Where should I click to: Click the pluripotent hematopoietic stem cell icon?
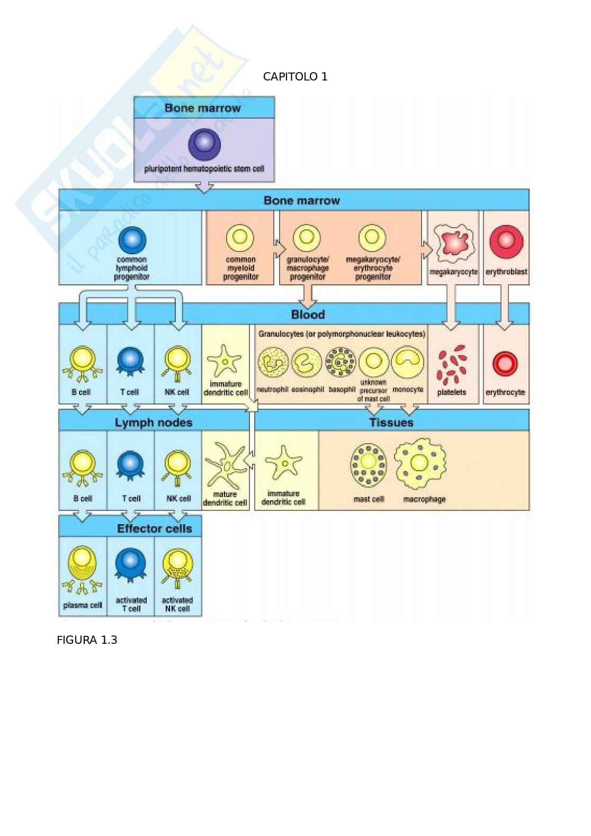pyautogui.click(x=204, y=144)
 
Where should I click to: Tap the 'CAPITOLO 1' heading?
pyautogui.click(x=295, y=77)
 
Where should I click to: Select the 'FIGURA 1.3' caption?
pyautogui.click(x=87, y=640)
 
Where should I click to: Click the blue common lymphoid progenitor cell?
pyautogui.click(x=132, y=240)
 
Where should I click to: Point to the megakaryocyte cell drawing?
pyautogui.click(x=453, y=241)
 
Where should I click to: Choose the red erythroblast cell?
pyautogui.click(x=506, y=241)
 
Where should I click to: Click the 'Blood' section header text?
pyautogui.click(x=308, y=314)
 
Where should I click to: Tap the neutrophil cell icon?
pyautogui.click(x=273, y=363)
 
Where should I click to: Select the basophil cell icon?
pyautogui.click(x=341, y=363)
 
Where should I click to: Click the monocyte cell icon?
pyautogui.click(x=407, y=362)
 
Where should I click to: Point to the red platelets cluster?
pyautogui.click(x=452, y=364)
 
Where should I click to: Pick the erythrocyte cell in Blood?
pyautogui.click(x=505, y=364)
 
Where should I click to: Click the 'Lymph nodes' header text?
pyautogui.click(x=154, y=423)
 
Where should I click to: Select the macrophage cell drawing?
pyautogui.click(x=420, y=464)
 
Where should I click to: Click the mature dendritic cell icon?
pyautogui.click(x=225, y=466)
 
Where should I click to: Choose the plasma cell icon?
pyautogui.click(x=82, y=569)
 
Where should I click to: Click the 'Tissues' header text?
pyautogui.click(x=391, y=423)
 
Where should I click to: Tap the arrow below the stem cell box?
pyautogui.click(x=204, y=187)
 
